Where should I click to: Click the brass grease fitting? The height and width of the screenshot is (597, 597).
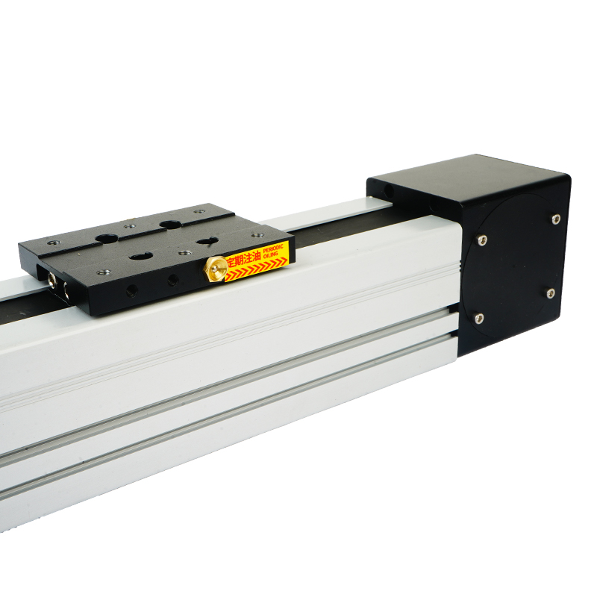[216, 269]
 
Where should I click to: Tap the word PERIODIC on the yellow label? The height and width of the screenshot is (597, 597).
[273, 248]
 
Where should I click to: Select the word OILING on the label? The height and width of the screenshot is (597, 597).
[270, 254]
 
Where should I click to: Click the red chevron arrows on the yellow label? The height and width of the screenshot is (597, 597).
[256, 269]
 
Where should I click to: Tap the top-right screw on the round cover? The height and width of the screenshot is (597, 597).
[556, 219]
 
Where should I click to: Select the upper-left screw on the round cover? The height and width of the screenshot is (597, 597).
[482, 240]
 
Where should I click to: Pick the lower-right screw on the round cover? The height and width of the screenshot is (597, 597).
[551, 293]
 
